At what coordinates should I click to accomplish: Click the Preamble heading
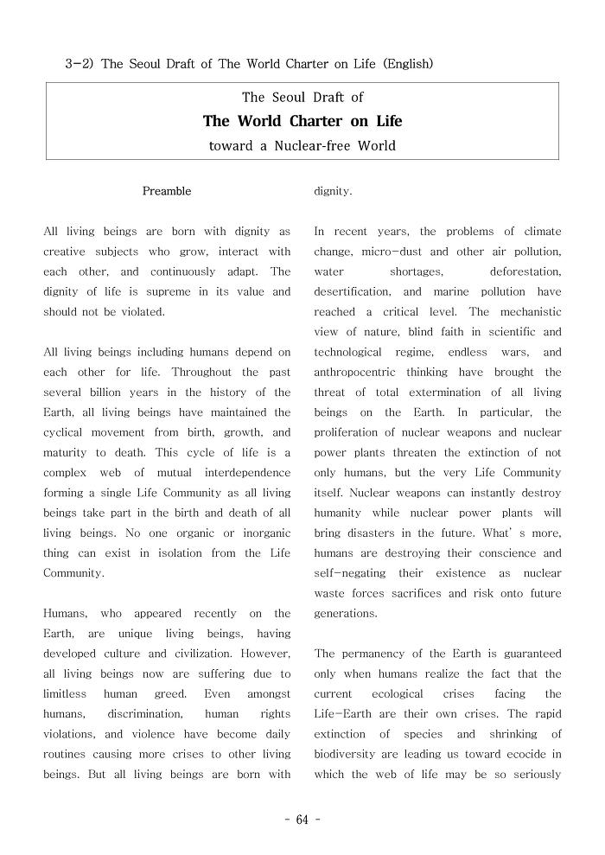click(167, 191)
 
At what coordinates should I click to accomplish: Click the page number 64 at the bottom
click(302, 820)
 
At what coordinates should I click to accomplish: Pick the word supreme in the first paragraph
click(160, 292)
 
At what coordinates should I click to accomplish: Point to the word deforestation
click(525, 271)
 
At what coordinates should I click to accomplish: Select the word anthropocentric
click(354, 373)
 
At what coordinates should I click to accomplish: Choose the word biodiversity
click(348, 755)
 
